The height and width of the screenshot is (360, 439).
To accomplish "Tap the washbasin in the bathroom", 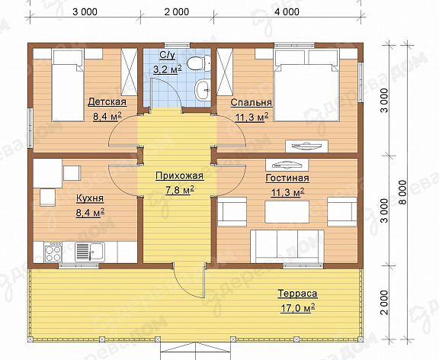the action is (x=203, y=89).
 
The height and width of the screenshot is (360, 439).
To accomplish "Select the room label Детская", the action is (x=107, y=102).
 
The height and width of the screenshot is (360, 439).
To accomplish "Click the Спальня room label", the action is (x=252, y=102).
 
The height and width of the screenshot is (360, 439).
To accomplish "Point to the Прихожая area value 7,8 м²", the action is (x=180, y=191).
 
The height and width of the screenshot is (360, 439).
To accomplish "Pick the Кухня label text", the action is (x=90, y=198).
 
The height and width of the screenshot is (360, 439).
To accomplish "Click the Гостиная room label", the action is (x=287, y=178).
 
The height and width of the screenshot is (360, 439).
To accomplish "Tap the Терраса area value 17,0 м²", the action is (x=298, y=308).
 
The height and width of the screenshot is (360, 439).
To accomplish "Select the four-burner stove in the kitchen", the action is (x=53, y=252).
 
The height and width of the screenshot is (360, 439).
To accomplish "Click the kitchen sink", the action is (x=90, y=252).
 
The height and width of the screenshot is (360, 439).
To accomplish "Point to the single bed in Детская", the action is (x=68, y=85).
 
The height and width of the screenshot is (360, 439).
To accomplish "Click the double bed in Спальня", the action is (x=307, y=85).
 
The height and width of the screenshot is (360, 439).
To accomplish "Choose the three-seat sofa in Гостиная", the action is (x=287, y=246).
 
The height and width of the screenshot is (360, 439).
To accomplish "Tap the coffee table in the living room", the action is (x=287, y=212).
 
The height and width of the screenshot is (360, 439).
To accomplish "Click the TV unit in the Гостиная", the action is (x=287, y=165).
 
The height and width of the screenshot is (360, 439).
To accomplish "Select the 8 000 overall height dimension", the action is (x=403, y=192).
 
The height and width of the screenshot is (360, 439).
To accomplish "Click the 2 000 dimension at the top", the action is (x=177, y=11).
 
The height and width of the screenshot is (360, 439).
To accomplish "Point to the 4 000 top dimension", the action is (x=287, y=11).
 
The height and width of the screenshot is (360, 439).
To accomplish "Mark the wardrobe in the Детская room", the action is (x=129, y=72).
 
